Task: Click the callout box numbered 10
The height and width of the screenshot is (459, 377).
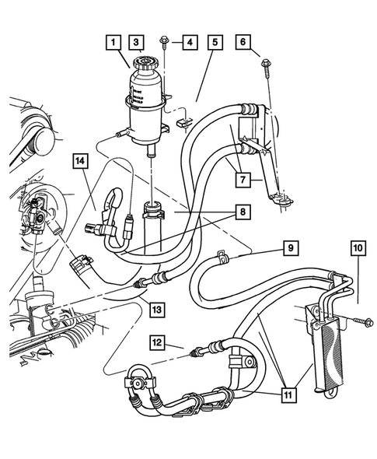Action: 358,249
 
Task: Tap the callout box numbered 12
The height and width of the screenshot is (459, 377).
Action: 158,342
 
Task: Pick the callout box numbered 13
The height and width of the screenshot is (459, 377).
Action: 157,309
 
